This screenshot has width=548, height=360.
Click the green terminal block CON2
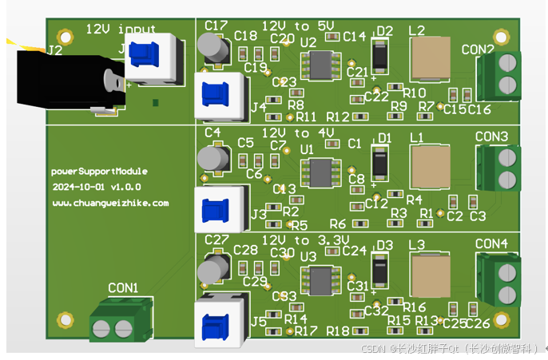499,74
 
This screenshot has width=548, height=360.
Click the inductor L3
434,275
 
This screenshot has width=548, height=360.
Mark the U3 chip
322,280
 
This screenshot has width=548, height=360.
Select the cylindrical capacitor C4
212,158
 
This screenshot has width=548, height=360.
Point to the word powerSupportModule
100,171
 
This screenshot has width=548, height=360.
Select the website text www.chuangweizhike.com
110,203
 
